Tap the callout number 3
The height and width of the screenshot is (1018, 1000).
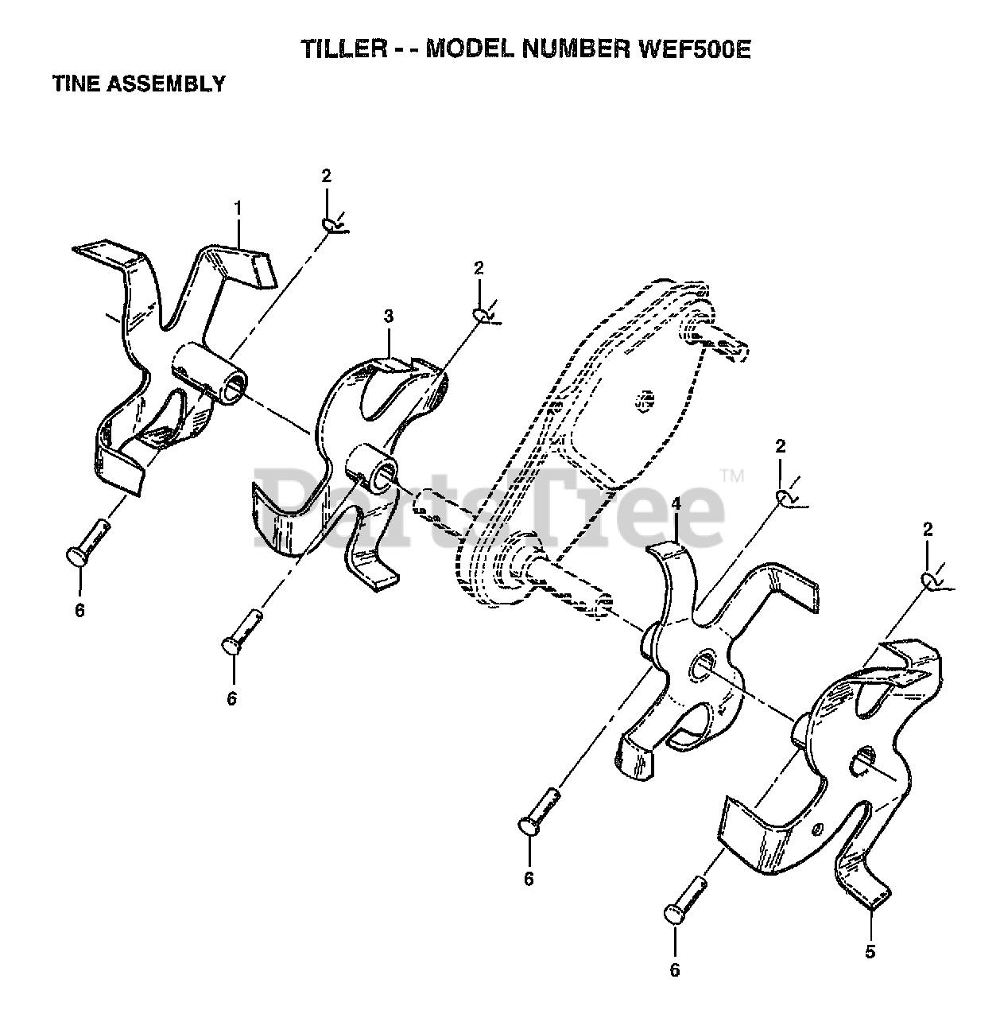(389, 317)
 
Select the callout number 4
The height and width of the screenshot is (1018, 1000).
(676, 504)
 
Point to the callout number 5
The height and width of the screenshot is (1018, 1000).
(870, 951)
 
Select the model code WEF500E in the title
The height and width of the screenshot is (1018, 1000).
(694, 49)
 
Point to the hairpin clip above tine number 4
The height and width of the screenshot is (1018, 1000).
(785, 497)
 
